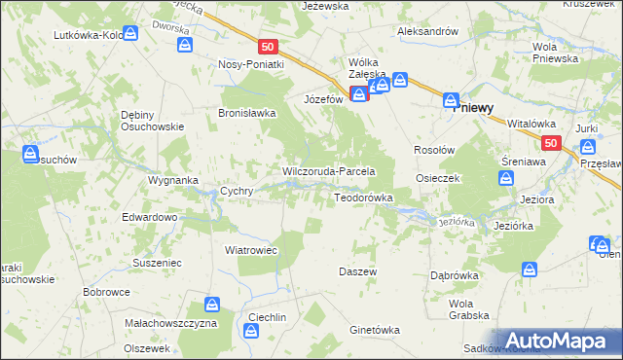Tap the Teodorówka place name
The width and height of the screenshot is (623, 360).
point(363,198)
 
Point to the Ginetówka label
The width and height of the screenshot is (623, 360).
point(375,330)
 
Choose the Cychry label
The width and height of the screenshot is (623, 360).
point(238,192)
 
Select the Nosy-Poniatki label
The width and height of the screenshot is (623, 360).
point(251,64)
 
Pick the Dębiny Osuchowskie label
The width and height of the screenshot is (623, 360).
point(152,120)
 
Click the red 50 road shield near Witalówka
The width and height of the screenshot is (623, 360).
point(552,143)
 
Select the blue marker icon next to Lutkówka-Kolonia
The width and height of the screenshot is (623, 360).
point(130,32)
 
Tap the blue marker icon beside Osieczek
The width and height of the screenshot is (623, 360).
point(505,178)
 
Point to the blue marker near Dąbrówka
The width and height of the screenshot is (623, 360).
point(529,268)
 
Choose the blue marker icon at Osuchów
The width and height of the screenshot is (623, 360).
point(30,153)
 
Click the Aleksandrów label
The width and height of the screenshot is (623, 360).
point(427,31)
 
